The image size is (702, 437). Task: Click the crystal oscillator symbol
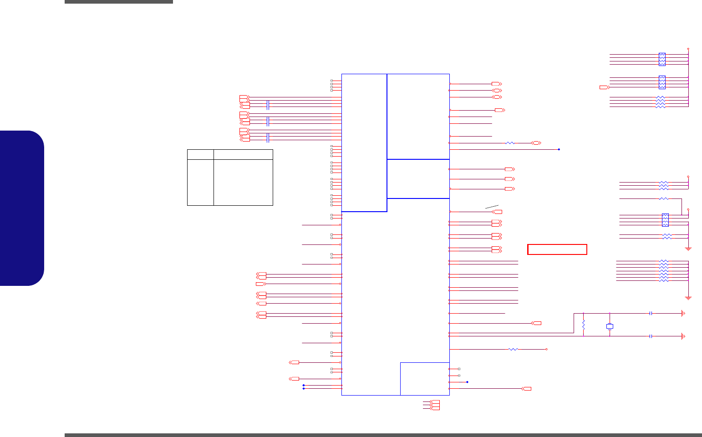[x=610, y=326]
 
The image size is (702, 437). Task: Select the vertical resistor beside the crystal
[x=584, y=325]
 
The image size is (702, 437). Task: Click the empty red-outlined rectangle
[x=557, y=249]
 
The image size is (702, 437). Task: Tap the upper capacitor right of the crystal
[x=651, y=314]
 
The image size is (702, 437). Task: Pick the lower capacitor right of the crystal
[x=651, y=336]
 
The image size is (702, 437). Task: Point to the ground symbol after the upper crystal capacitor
[x=682, y=314]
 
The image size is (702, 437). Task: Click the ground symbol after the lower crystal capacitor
[x=682, y=336]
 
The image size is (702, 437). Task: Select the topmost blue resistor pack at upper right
[x=662, y=59]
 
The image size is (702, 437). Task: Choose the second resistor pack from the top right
[x=662, y=82]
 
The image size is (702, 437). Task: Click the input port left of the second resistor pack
[x=604, y=87]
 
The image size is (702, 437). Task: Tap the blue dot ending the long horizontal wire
[x=559, y=149]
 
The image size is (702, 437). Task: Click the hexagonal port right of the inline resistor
[x=536, y=143]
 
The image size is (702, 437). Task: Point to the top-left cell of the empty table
[x=200, y=154]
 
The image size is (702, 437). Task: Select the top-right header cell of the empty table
[x=243, y=154]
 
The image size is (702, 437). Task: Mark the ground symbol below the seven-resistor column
[x=688, y=298]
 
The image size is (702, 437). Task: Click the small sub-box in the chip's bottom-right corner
[x=425, y=379]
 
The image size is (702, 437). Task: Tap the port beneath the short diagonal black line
[x=498, y=212]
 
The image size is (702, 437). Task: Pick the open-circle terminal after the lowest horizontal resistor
[x=546, y=349]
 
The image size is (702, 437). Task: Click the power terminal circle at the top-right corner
[x=688, y=48]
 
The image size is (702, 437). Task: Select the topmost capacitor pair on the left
[x=268, y=105]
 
